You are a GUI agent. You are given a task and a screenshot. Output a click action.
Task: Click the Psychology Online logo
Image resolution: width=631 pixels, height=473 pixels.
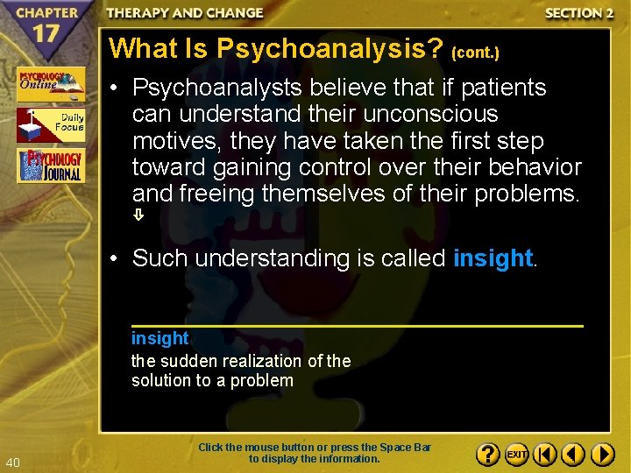click(50, 84)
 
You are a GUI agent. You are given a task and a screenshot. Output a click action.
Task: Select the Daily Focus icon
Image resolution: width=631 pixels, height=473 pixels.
click(50, 125)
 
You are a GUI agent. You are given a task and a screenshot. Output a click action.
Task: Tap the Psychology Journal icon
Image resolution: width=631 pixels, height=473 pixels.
click(50, 166)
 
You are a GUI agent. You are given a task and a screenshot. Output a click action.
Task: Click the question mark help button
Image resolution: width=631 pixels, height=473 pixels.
click(487, 455)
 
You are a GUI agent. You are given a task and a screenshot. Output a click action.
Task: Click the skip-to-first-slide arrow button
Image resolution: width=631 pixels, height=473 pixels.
click(545, 455)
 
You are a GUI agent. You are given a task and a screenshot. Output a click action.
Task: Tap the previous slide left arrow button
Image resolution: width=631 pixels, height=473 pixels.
click(573, 455)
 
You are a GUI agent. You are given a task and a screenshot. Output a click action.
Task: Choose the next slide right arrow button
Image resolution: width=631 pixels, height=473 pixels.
click(602, 455)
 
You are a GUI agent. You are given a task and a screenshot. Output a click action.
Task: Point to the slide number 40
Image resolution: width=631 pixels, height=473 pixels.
click(12, 462)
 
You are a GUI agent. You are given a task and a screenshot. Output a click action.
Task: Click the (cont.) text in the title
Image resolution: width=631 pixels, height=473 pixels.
click(475, 53)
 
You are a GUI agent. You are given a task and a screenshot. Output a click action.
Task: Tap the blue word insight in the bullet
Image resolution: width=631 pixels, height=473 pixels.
click(493, 258)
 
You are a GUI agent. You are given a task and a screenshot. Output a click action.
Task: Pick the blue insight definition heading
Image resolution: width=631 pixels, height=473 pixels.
click(160, 338)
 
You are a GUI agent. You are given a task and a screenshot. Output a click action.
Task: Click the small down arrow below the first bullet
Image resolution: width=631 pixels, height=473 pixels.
click(138, 215)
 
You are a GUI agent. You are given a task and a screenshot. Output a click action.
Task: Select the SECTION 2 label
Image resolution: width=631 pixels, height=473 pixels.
click(578, 13)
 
